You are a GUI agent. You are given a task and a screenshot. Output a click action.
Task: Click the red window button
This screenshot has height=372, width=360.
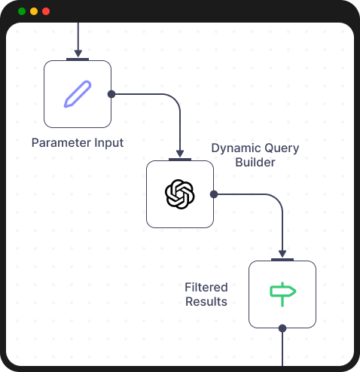(46, 11)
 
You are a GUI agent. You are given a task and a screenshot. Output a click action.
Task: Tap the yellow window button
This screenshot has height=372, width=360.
(34, 11)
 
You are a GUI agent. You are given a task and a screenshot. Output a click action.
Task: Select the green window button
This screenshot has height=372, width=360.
(22, 11)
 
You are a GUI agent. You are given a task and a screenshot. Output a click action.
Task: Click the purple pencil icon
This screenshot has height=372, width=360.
(78, 94)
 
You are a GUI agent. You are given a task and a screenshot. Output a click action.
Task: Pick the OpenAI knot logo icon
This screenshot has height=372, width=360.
(180, 194)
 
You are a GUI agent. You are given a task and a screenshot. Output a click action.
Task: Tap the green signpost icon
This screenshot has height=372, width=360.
(282, 294)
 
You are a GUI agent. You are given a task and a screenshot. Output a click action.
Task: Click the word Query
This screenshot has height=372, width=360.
(281, 148)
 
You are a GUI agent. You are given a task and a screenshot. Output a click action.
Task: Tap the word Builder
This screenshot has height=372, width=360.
(255, 162)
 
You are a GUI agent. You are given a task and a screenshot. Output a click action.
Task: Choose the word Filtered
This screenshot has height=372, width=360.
(206, 288)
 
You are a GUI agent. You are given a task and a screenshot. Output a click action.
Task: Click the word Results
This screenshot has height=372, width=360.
(206, 301)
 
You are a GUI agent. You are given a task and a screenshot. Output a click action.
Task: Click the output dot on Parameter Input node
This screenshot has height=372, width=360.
(111, 94)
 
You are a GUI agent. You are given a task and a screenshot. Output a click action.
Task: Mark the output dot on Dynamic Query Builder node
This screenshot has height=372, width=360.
(214, 194)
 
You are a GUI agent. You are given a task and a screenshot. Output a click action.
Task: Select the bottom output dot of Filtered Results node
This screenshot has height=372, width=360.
(282, 328)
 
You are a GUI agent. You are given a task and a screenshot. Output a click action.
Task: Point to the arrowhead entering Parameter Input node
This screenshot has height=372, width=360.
(78, 53)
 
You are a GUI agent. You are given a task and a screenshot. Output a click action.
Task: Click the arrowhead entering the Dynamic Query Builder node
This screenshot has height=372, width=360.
(180, 154)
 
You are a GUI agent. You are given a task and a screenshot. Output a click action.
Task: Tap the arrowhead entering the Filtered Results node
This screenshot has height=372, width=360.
(282, 254)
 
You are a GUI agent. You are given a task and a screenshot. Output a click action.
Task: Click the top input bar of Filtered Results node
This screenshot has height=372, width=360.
(282, 260)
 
